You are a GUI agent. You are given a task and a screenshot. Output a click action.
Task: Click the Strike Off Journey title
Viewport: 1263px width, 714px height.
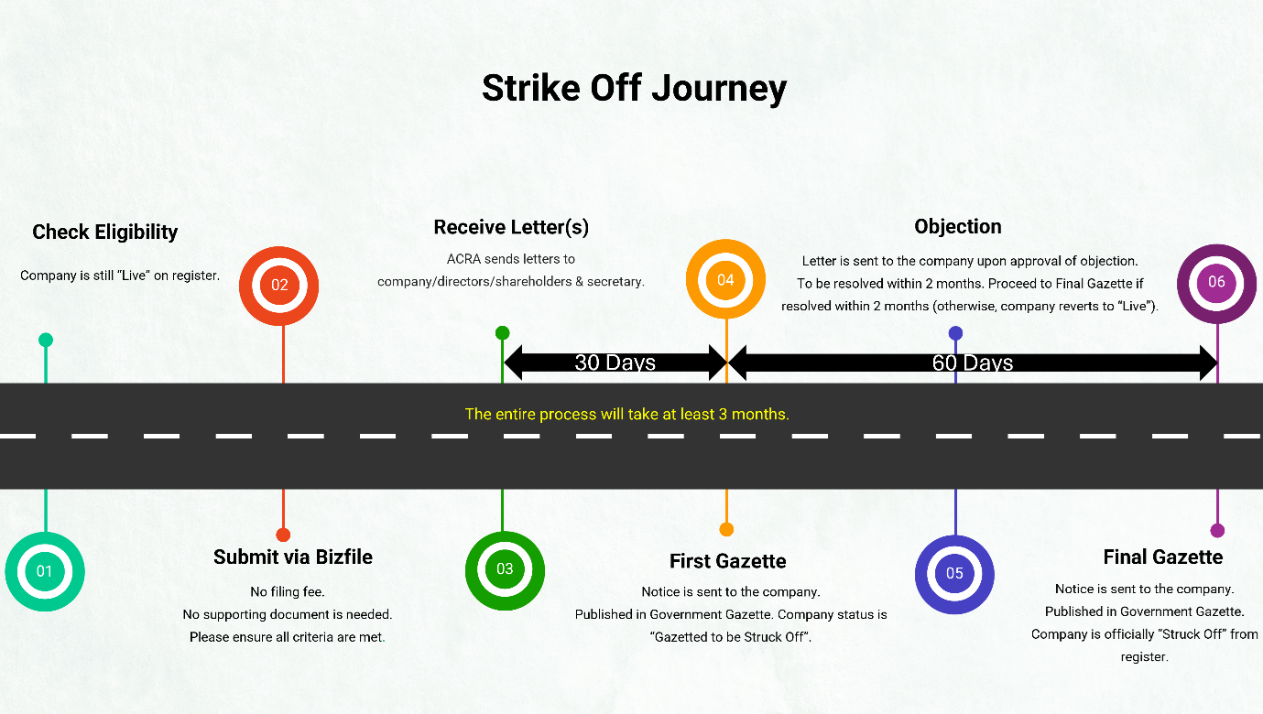(634, 89)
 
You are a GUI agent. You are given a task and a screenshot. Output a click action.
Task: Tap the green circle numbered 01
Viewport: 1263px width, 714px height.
(45, 571)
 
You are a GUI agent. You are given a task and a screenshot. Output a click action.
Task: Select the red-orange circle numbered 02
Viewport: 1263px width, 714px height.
(279, 285)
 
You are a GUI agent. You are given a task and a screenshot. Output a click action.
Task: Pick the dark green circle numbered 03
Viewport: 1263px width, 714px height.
(505, 569)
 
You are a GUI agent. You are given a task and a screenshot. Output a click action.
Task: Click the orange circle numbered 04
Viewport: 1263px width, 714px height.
(725, 280)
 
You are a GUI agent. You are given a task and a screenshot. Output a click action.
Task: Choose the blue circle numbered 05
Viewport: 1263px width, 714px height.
(954, 574)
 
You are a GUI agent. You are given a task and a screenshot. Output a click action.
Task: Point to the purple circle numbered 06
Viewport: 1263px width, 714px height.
(1216, 282)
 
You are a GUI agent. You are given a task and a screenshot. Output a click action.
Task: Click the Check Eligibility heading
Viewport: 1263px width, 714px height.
(105, 233)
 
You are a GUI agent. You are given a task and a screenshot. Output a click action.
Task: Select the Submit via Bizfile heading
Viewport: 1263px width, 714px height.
(293, 557)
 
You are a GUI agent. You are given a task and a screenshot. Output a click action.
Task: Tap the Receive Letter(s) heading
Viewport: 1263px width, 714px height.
(511, 227)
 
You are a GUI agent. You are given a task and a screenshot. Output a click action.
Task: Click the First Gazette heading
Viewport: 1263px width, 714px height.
(728, 561)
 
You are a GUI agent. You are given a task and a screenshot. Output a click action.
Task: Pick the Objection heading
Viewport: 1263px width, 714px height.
(958, 227)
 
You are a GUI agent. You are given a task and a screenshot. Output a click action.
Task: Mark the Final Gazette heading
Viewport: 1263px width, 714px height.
(1163, 557)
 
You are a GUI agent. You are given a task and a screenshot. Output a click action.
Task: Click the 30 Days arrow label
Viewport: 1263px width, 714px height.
(615, 362)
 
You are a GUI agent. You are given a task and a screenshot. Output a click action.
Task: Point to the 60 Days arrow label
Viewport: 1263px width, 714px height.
(973, 362)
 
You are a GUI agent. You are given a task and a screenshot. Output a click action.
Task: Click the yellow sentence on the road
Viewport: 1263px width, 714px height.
(627, 415)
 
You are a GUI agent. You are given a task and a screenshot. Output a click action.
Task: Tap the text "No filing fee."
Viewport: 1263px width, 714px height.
(288, 592)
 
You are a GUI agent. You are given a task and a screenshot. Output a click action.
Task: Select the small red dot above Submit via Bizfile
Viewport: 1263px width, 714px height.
(283, 535)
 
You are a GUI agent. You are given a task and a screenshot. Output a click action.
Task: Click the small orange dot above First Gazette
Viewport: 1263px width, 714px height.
(726, 529)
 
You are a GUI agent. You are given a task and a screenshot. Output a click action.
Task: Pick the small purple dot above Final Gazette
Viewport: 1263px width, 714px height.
(1217, 530)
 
